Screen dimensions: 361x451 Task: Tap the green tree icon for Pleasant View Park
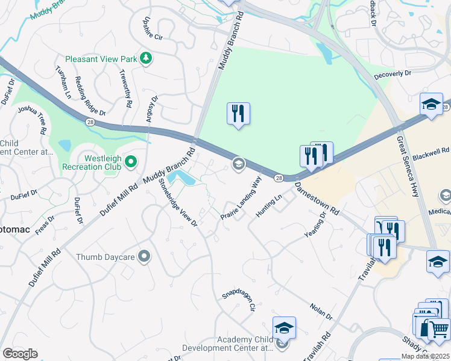(145, 58)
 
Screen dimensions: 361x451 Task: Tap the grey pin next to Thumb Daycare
(143, 257)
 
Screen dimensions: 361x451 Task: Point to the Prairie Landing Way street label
(241, 199)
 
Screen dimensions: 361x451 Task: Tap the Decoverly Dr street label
(392, 73)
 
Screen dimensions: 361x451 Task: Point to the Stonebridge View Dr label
(178, 203)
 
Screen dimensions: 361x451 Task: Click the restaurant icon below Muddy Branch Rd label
(238, 113)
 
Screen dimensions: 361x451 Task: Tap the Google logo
(20, 354)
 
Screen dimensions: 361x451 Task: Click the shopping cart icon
(436, 329)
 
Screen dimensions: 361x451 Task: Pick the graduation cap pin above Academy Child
(284, 328)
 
